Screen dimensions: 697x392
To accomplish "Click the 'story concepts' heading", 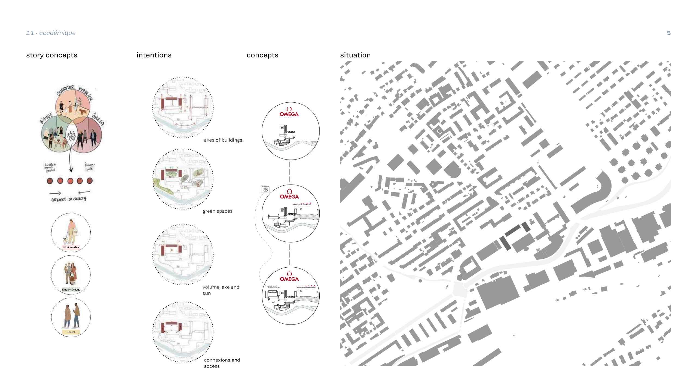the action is point(52,55).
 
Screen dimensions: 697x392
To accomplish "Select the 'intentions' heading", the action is point(154,55).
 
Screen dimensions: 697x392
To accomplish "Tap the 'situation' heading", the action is point(355,55).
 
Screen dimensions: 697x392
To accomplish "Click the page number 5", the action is point(669,33).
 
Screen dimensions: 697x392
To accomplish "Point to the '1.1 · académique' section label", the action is point(51,33).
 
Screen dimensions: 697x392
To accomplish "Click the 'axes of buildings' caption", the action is point(223,140).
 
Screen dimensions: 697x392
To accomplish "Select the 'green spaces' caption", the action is point(217,211).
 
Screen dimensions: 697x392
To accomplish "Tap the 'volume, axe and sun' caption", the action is point(221,290).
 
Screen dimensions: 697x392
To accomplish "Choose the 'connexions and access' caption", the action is point(222,363).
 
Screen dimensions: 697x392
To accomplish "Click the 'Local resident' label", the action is point(71,247).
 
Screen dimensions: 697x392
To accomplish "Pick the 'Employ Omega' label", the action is point(71,290).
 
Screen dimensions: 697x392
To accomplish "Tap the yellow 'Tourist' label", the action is point(71,332).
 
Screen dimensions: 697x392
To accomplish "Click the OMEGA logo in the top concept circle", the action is point(289,112).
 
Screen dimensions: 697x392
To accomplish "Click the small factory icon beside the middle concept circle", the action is point(265,189).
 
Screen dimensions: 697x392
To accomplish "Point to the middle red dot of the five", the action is point(70,181).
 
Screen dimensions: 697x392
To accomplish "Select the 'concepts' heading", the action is point(262,55).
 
